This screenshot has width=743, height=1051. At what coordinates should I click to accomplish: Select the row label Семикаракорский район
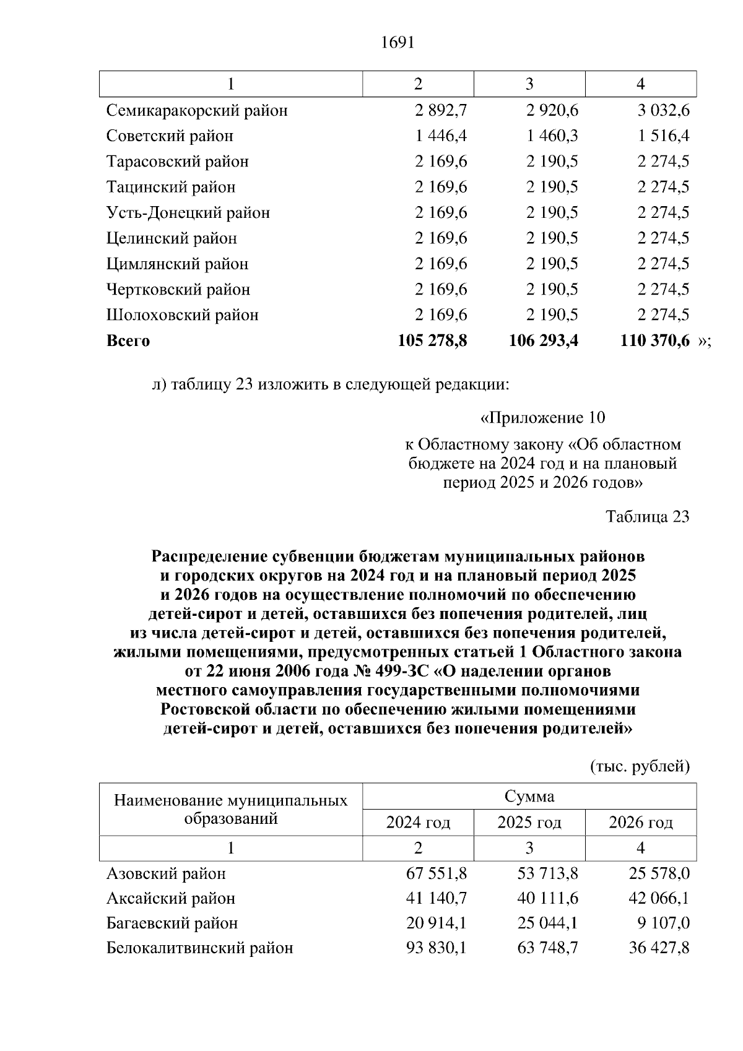click(197, 111)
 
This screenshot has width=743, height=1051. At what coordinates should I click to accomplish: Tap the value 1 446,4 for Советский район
click(441, 136)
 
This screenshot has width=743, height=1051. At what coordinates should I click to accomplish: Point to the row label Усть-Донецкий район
click(188, 213)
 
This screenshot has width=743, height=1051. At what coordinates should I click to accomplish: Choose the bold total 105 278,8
click(432, 340)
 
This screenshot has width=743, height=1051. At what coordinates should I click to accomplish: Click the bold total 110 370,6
click(654, 340)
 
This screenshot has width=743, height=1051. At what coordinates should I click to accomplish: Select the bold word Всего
click(128, 341)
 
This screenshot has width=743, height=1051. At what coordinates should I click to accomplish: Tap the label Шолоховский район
click(182, 315)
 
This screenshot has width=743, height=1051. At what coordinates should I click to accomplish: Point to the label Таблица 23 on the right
click(647, 517)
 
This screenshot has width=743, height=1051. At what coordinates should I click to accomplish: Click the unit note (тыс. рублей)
click(640, 767)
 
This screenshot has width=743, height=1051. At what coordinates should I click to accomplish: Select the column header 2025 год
click(529, 823)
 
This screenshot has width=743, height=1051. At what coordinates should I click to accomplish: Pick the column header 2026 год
click(641, 823)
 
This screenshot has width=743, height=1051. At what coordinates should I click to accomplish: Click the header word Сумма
click(529, 797)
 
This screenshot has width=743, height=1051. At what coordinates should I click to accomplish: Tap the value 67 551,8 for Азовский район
click(437, 873)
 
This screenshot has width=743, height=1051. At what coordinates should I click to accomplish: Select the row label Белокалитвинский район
click(199, 948)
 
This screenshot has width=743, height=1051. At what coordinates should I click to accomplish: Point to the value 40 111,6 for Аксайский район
click(548, 898)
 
